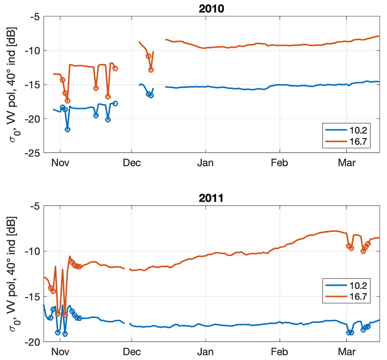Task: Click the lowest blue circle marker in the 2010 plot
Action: [x=67, y=129]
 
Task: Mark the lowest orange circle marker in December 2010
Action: [x=151, y=70]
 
